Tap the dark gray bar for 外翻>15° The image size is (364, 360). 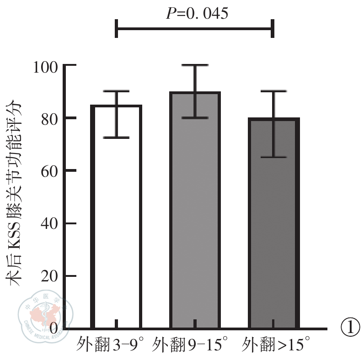tap(273, 228)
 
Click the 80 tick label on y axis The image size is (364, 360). tap(48, 119)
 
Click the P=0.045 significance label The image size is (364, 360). tap(196, 13)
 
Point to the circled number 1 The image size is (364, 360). tap(351, 328)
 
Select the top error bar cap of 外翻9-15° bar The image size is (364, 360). tap(195, 65)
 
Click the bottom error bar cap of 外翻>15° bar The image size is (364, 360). tap(273, 157)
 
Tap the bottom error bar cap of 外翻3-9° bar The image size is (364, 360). tap(116, 138)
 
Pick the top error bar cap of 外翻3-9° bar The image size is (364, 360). tap(116, 91)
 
